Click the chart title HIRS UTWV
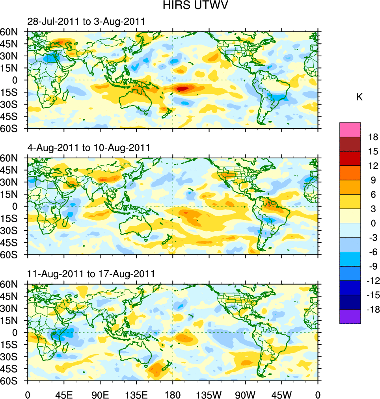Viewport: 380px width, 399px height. pos(190,6)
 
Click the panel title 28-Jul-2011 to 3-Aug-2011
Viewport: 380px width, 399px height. pos(86,22)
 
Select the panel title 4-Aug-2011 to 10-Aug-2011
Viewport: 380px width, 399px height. pos(88,148)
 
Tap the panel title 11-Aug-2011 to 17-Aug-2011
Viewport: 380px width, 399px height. pos(91,274)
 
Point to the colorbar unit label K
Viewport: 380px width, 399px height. pos(359,97)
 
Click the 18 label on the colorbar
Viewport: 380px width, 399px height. pos(373,137)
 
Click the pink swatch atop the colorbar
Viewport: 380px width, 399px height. pos(350,130)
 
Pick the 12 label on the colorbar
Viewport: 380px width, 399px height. pos(373,166)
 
